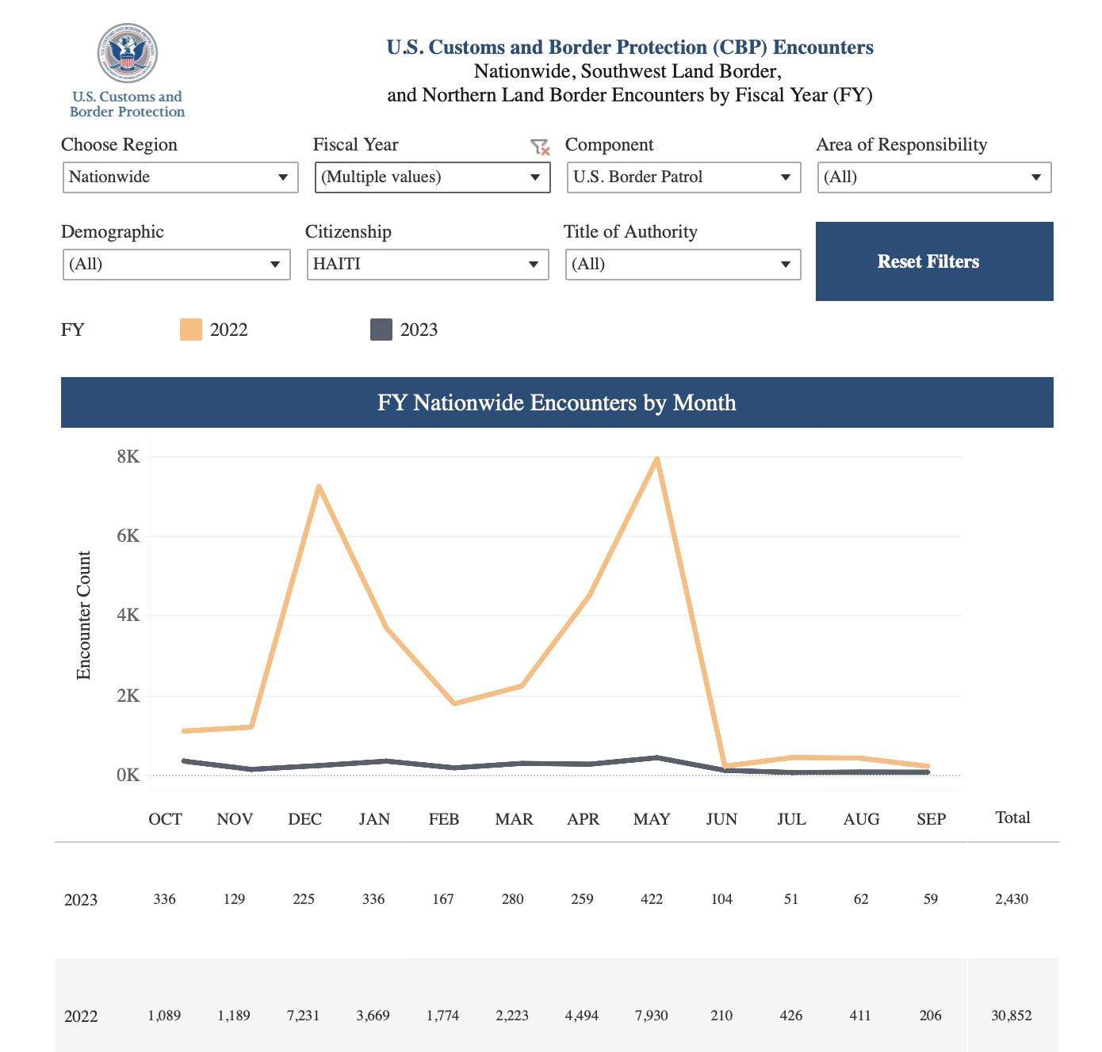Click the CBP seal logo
click(x=128, y=52)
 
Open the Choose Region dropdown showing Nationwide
click(x=180, y=177)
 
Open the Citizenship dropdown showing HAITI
click(x=427, y=265)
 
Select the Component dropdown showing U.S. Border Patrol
click(x=683, y=177)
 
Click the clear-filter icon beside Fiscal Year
click(x=540, y=147)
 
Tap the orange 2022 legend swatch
click(x=191, y=330)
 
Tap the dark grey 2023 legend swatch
click(x=381, y=330)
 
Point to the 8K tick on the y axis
click(x=128, y=456)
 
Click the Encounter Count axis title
click(x=83, y=616)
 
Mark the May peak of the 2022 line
click(x=656, y=459)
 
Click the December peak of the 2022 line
click(x=320, y=486)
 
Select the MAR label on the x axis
click(x=514, y=819)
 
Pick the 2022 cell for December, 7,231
click(x=303, y=1016)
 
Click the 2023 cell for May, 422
click(x=651, y=898)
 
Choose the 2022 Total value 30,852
click(x=1012, y=1016)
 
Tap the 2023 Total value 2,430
click(x=1012, y=898)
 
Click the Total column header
click(x=1012, y=818)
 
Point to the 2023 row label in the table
click(x=80, y=900)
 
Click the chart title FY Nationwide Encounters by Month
click(x=557, y=402)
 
